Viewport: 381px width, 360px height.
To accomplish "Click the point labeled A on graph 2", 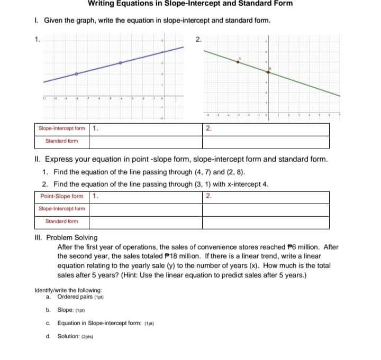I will click(238, 62).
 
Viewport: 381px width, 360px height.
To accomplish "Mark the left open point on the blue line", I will click(76, 74).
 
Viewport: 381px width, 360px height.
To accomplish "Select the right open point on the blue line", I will click(121, 63).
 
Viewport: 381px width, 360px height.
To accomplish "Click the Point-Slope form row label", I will click(61, 197).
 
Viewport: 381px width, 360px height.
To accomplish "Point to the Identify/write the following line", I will click(68, 290).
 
